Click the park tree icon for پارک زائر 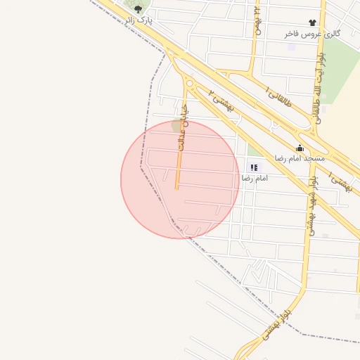click(x=138, y=9)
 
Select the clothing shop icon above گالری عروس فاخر click(x=312, y=23)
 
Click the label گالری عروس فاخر click(x=312, y=34)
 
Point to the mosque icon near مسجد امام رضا click(x=300, y=148)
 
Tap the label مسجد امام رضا click(x=299, y=158)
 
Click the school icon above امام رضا click(x=254, y=167)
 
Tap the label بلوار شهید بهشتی click(x=311, y=204)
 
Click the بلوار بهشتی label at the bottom click(x=275, y=323)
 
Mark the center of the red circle click(x=180, y=179)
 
